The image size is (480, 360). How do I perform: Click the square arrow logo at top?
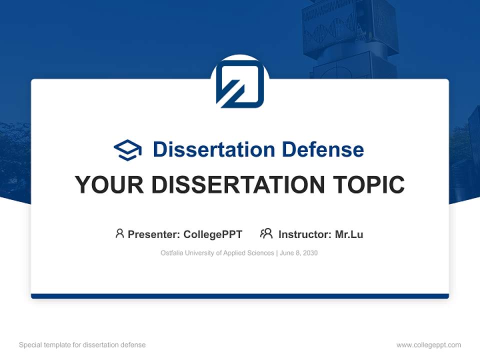click(x=240, y=83)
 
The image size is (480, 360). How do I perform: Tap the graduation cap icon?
click(x=127, y=150)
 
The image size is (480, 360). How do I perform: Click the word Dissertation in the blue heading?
click(x=213, y=149)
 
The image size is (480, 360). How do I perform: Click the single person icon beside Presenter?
click(x=119, y=233)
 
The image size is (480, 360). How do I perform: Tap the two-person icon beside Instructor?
click(x=266, y=233)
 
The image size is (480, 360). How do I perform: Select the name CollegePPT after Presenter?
click(x=212, y=234)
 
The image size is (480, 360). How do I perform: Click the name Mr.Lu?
click(x=349, y=234)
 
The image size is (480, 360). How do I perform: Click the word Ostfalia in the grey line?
click(x=172, y=253)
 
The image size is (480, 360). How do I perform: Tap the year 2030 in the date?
click(x=309, y=253)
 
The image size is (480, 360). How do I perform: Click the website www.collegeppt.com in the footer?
click(x=428, y=345)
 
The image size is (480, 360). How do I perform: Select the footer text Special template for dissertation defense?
click(x=82, y=345)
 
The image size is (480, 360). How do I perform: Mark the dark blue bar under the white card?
click(x=240, y=296)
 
